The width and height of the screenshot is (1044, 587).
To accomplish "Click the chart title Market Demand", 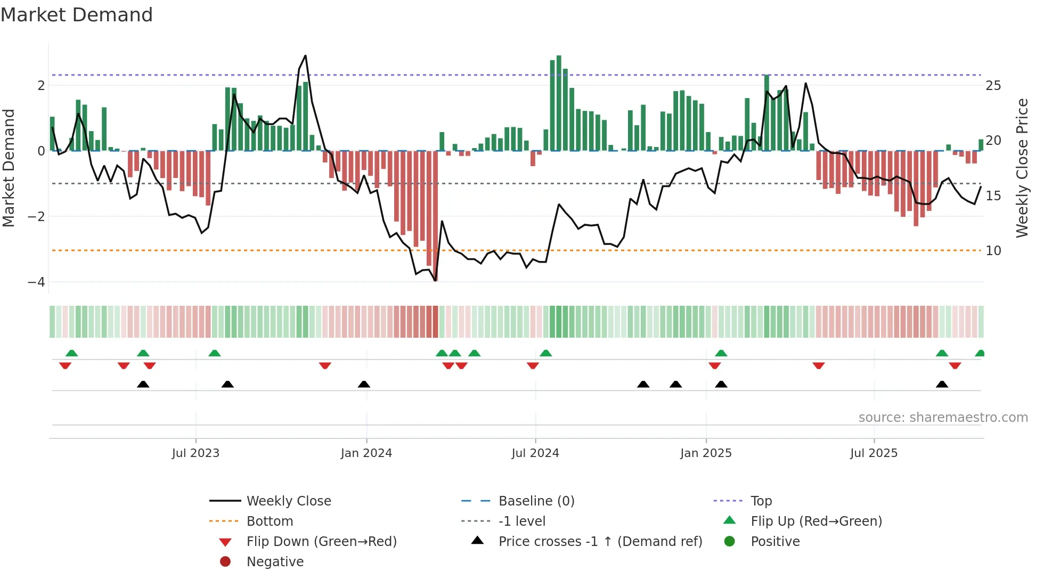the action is coord(77,15).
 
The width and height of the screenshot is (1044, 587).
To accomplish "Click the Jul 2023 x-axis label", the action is coord(195,453).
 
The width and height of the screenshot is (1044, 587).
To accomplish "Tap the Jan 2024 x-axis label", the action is coord(366,453).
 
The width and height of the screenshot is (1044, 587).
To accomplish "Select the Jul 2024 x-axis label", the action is coord(535,453).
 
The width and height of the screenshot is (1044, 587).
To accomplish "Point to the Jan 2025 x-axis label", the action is coord(706,453).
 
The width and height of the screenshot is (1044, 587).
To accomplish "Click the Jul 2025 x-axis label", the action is coord(874,453).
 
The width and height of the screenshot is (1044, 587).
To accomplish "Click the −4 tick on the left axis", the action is coord(37,282).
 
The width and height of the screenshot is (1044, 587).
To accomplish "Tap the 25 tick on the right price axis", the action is coord(993,86).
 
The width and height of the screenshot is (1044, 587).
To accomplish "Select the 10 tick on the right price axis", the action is coord(993,250).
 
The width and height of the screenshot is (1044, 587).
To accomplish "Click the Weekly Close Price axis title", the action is coord(1022,168).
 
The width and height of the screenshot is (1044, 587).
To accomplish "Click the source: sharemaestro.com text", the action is coord(943,418).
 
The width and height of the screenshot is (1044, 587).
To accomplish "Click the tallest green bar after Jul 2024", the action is coord(559,101).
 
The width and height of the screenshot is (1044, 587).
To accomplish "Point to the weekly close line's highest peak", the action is coord(305,55).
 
